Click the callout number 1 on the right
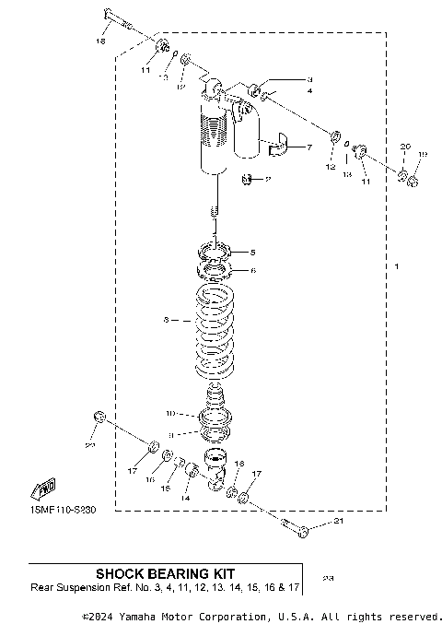(x=397, y=266)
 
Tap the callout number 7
(x=309, y=147)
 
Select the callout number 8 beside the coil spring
(x=166, y=321)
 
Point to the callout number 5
(x=254, y=252)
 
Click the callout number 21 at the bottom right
(x=337, y=524)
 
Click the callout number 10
(x=169, y=413)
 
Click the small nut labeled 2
(x=248, y=179)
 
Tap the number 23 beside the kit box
(x=329, y=578)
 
